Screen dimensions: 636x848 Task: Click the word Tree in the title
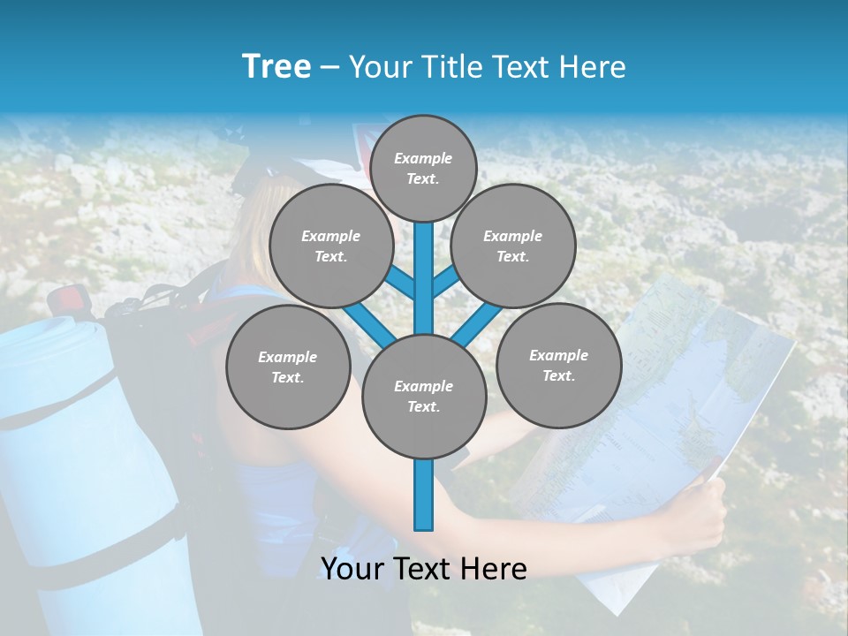pos(276,67)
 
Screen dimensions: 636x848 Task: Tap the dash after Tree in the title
pos(330,68)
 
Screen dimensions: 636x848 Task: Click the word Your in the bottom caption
pos(353,569)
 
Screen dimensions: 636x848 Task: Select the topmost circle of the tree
pos(423,168)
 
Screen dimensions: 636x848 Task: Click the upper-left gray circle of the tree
pos(330,246)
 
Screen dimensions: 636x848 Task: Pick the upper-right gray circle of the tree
pos(512,246)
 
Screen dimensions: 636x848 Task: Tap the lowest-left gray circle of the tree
pos(288,367)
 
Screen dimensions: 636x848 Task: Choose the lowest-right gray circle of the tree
pos(558,366)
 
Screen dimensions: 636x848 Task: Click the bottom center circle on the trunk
pos(424,397)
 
